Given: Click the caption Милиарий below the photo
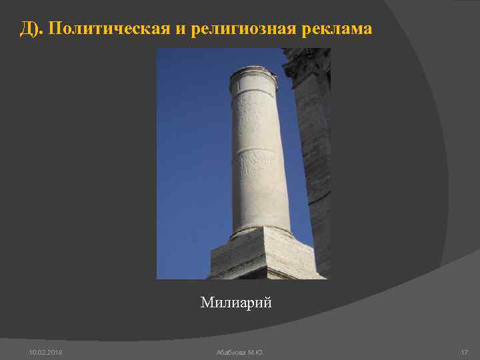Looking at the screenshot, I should pyautogui.click(x=236, y=303).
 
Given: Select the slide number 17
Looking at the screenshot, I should pyautogui.click(x=464, y=351).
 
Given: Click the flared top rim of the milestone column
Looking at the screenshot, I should pyautogui.click(x=253, y=72).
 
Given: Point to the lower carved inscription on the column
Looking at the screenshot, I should pyautogui.click(x=256, y=160).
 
